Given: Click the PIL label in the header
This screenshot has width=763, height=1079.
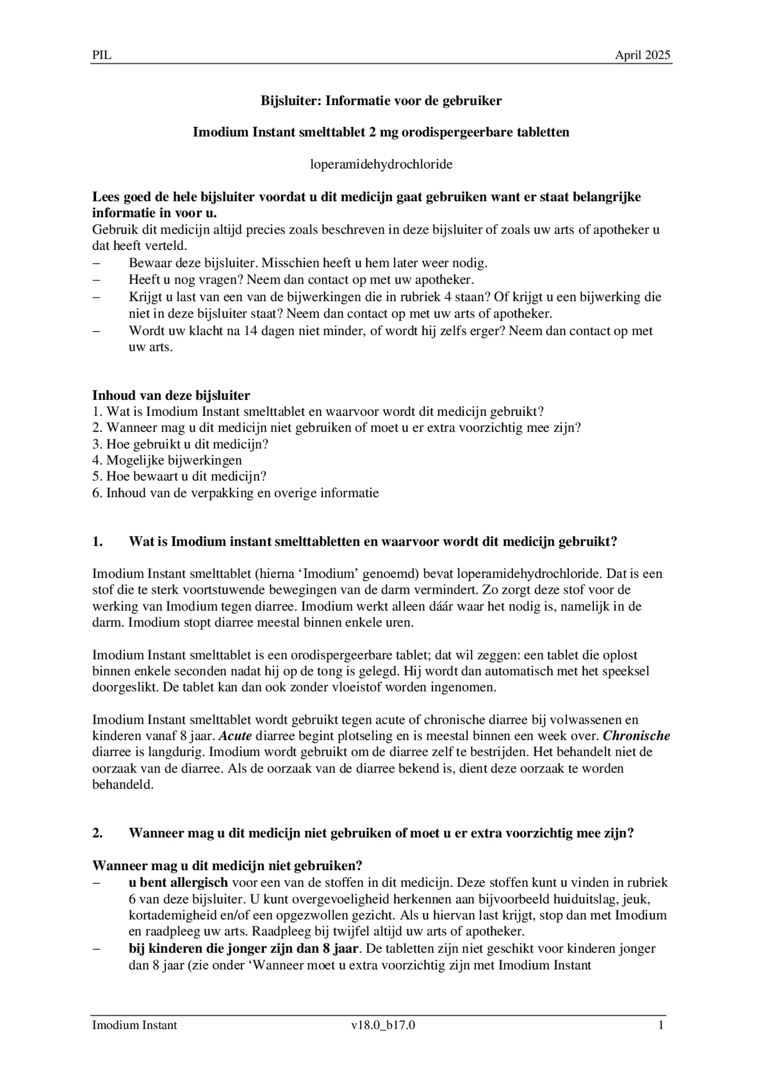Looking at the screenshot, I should pyautogui.click(x=102, y=55).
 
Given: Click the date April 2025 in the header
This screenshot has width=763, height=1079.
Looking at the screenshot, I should pyautogui.click(x=642, y=55).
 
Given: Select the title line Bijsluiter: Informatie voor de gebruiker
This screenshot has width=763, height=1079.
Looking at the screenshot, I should pyautogui.click(x=381, y=101).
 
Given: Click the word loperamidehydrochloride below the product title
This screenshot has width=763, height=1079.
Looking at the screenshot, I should pyautogui.click(x=381, y=165).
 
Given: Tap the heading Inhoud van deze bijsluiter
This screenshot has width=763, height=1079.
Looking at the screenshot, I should pyautogui.click(x=171, y=395).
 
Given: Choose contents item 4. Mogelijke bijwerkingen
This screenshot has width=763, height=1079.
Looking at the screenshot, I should pyautogui.click(x=167, y=460).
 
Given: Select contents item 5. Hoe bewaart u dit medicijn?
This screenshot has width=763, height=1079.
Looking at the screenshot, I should pyautogui.click(x=179, y=477).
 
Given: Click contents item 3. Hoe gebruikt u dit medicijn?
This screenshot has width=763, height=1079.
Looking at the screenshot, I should pyautogui.click(x=180, y=444).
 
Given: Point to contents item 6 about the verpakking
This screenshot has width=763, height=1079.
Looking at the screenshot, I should pyautogui.click(x=235, y=493).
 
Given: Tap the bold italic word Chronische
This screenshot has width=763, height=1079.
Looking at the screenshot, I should pyautogui.click(x=636, y=736).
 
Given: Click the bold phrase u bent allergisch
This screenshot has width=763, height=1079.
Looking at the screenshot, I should pyautogui.click(x=178, y=882).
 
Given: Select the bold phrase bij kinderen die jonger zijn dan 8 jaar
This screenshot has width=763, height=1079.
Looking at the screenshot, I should pyautogui.click(x=245, y=948).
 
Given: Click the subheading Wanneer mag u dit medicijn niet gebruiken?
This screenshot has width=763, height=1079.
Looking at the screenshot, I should pyautogui.click(x=227, y=866).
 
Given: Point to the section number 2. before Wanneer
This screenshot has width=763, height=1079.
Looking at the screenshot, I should pyautogui.click(x=97, y=833).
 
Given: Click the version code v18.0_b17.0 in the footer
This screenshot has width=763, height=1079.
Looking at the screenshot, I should pyautogui.click(x=383, y=1025).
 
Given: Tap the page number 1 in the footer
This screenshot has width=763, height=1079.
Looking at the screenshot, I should pyautogui.click(x=661, y=1025).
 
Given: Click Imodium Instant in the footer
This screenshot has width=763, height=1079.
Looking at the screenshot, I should pyautogui.click(x=134, y=1025).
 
